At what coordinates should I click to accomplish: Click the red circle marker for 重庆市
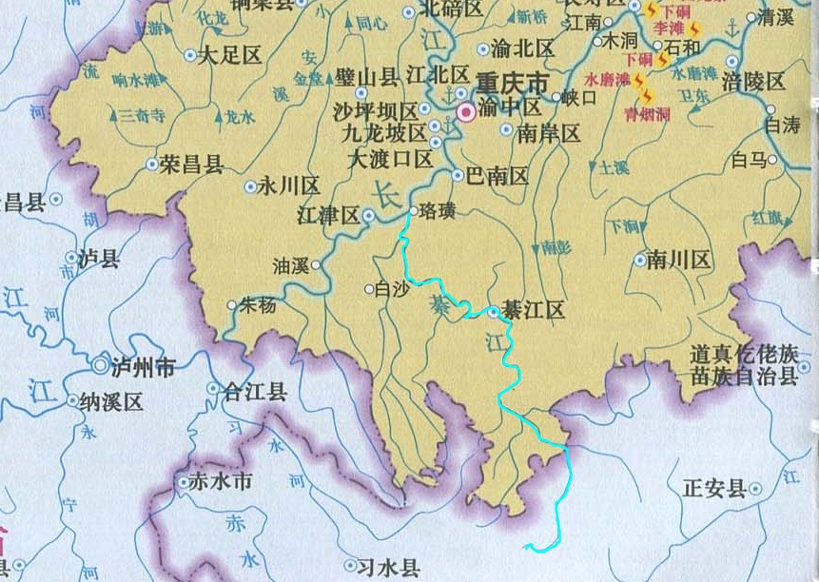click(466, 112)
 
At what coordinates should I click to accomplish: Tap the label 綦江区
click(535, 311)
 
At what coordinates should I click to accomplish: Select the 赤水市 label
click(221, 482)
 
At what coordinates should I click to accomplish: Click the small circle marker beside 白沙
click(370, 289)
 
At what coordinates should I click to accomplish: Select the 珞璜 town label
click(438, 211)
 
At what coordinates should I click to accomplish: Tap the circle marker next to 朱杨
click(231, 305)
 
